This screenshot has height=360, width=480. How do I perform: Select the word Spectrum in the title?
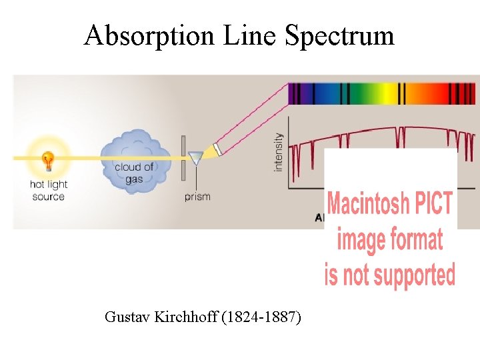(x=339, y=35)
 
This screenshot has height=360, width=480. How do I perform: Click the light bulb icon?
(x=48, y=160)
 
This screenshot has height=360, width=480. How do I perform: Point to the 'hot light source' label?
(x=49, y=191)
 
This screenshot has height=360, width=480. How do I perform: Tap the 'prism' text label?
(x=197, y=197)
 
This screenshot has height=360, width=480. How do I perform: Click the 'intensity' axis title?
(x=279, y=152)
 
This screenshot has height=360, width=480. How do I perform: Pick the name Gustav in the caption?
(x=128, y=317)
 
